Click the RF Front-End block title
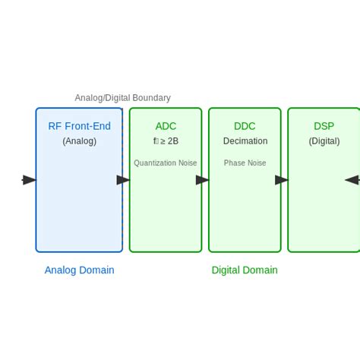[x=79, y=126]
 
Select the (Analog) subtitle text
[x=79, y=141]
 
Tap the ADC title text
[x=166, y=126]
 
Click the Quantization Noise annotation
[x=166, y=163]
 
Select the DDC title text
[x=245, y=126]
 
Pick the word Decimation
[x=245, y=141]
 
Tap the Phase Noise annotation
[x=245, y=163]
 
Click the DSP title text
[x=324, y=126]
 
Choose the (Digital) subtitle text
[x=324, y=141]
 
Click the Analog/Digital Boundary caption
[x=122, y=98]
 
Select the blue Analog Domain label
[x=79, y=270]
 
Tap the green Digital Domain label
[x=245, y=270]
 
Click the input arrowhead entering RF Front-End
[x=30, y=180]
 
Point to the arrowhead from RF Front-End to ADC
[x=123, y=180]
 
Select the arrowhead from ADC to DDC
[x=202, y=180]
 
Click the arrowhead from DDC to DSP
[x=281, y=180]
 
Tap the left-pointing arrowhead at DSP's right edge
[x=352, y=180]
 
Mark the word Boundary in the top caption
[x=151, y=98]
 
